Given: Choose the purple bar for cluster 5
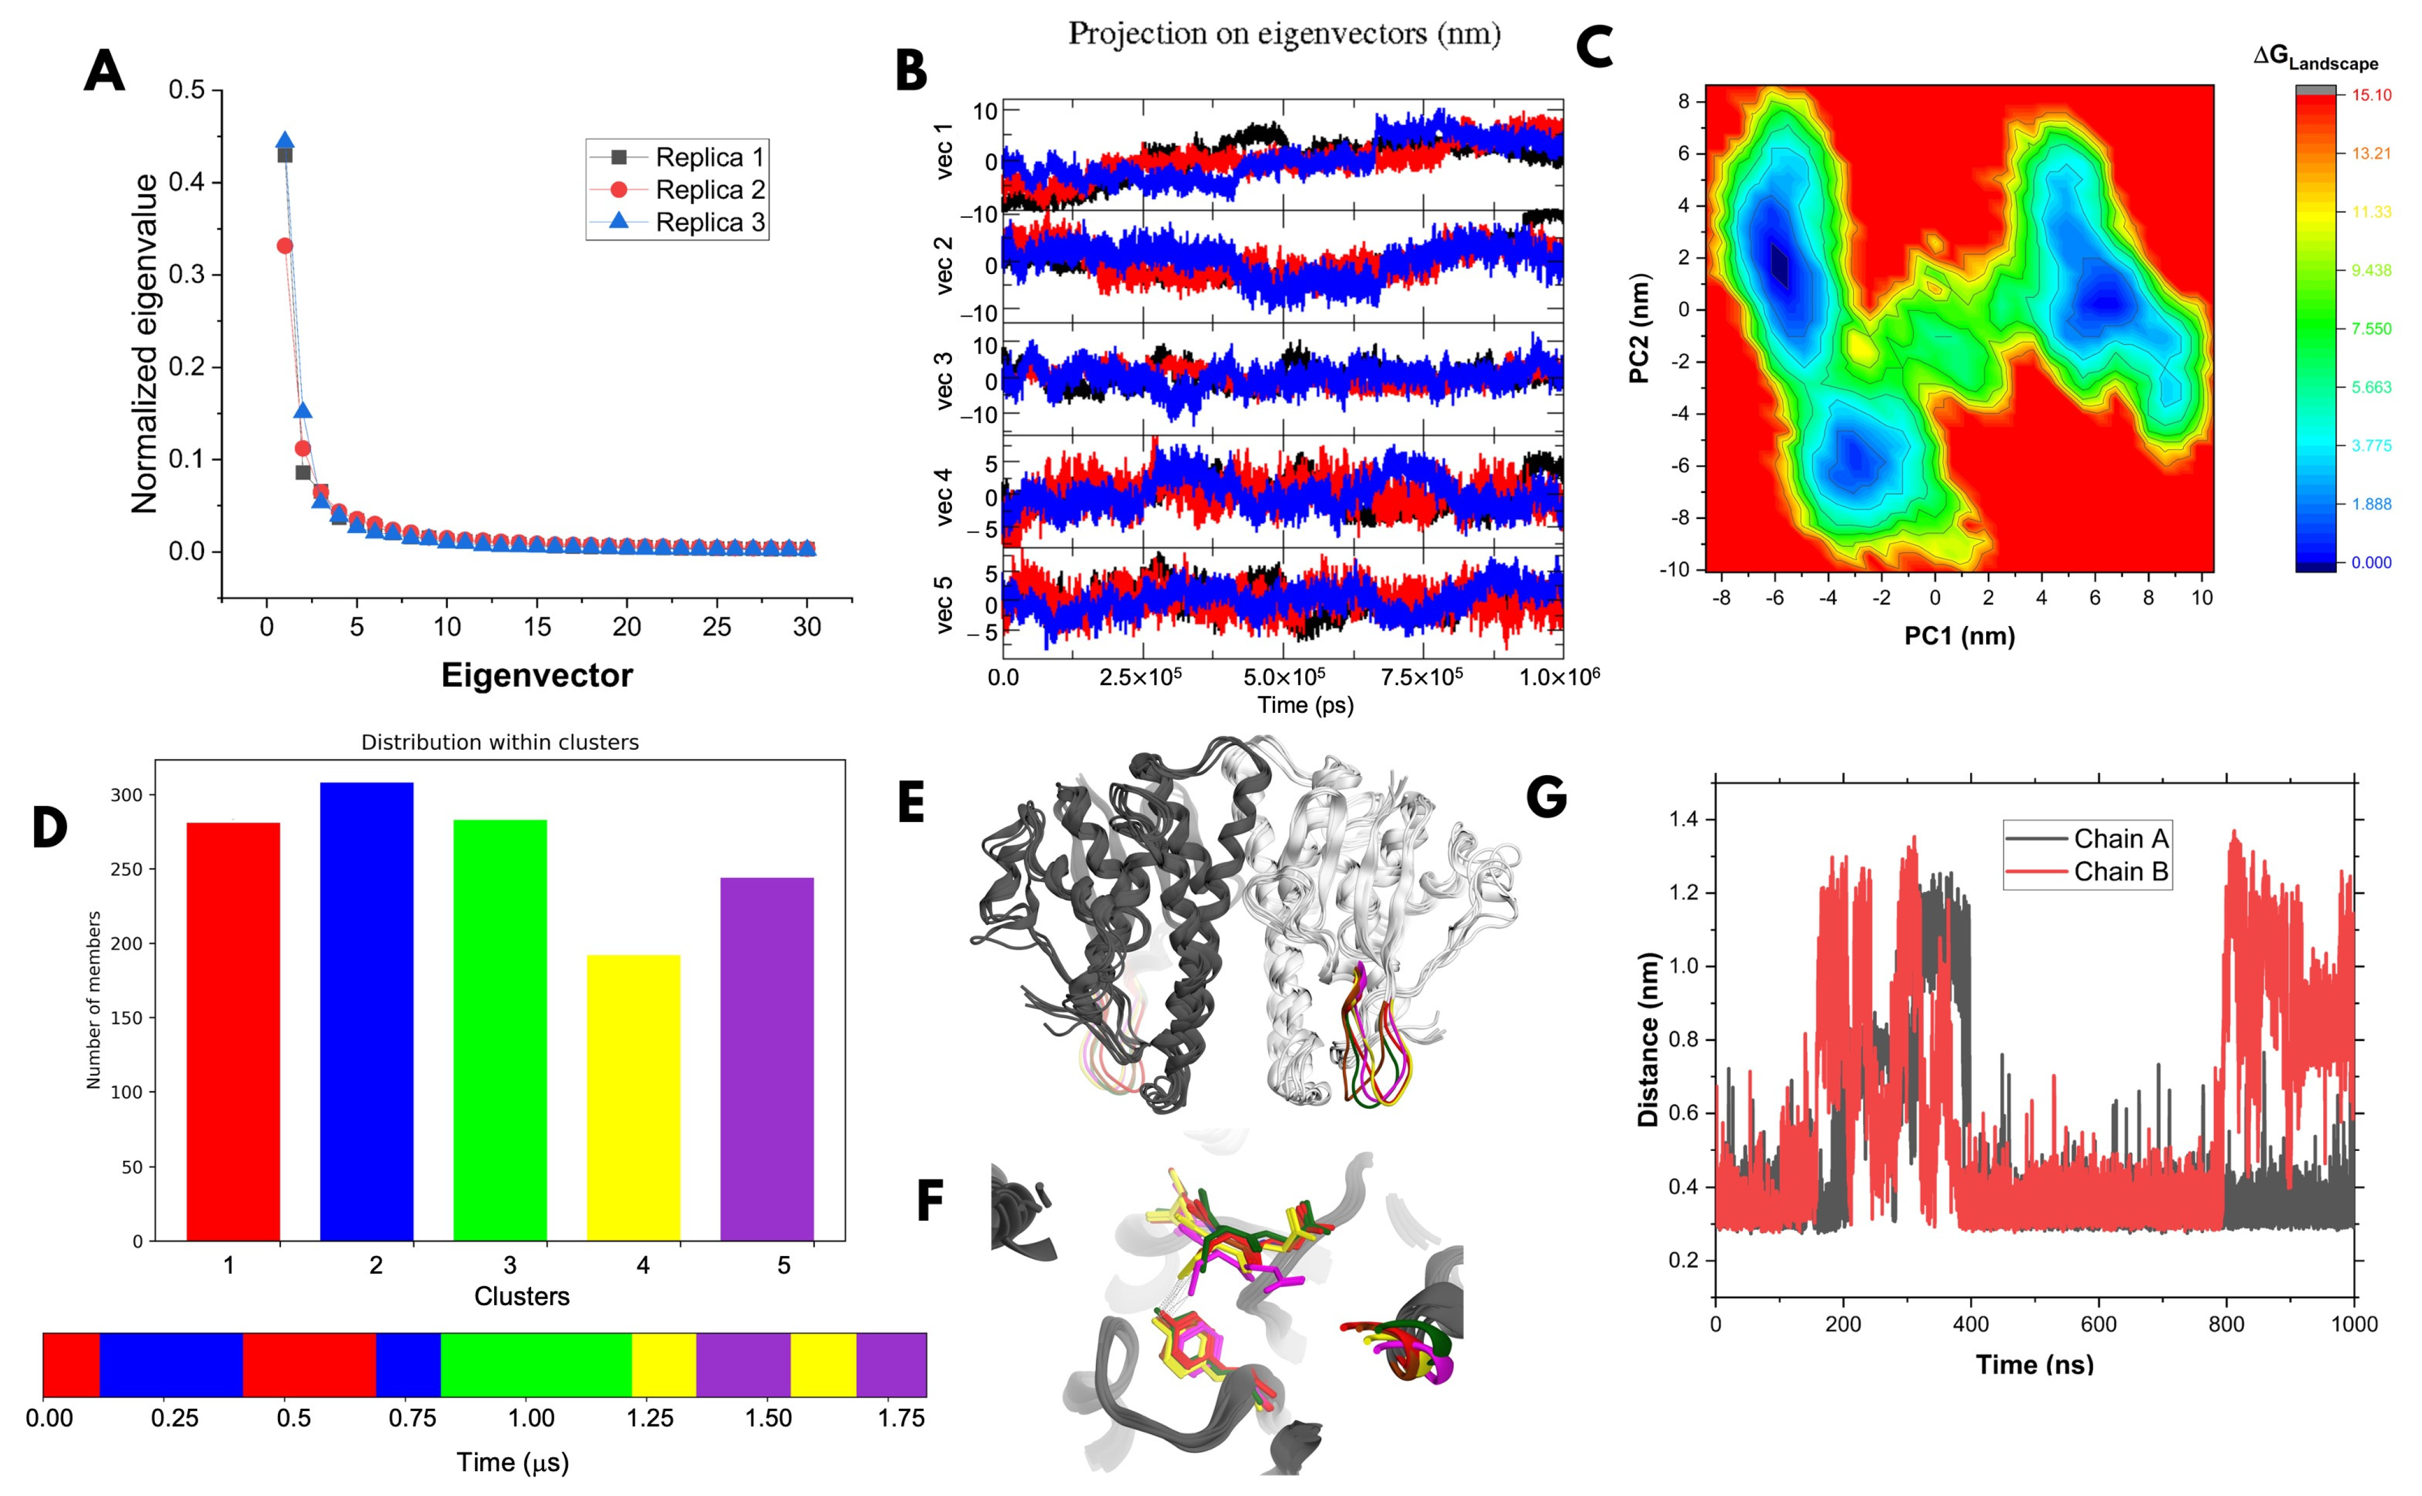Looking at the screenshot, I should tap(766, 1058).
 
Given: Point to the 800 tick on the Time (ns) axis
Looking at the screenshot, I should tap(2226, 1324).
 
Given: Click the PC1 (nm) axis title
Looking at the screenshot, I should tap(1959, 635).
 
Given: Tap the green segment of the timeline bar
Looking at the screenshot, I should tap(535, 1364).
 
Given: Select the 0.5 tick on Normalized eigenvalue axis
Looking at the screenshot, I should tap(186, 90).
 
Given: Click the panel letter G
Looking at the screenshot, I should tap(1546, 797).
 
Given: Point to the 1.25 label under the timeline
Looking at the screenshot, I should tap(650, 1418).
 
